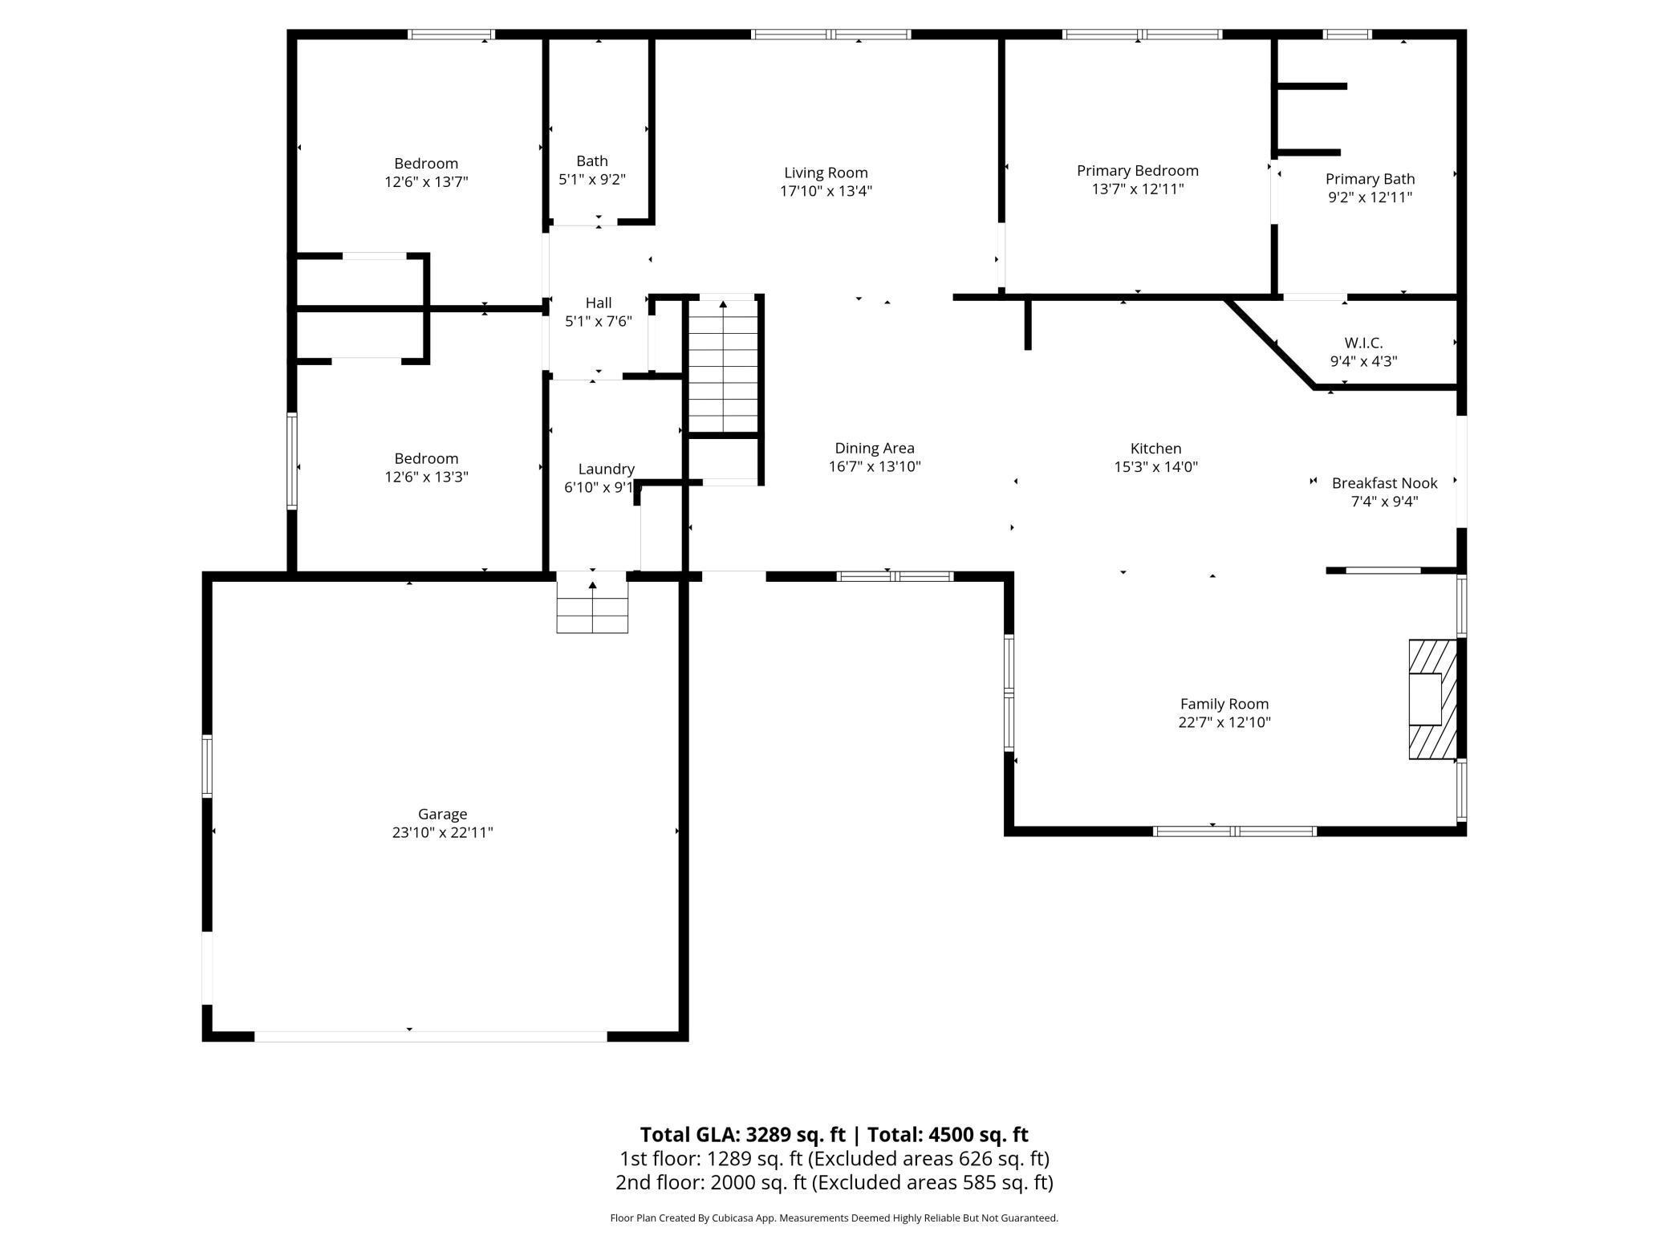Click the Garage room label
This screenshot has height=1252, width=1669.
(x=442, y=814)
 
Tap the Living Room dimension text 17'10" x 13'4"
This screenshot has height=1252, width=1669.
(x=826, y=191)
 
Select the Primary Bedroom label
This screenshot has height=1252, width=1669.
(x=1137, y=171)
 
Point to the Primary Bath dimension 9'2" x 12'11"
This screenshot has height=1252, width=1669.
(x=1370, y=197)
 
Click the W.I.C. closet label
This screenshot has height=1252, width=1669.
(x=1363, y=343)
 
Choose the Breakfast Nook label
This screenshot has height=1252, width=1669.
(x=1384, y=483)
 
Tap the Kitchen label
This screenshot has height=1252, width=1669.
(x=1155, y=449)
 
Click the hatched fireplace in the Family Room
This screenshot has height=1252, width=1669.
(x=1433, y=699)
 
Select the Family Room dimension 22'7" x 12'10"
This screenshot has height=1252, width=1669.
(x=1224, y=722)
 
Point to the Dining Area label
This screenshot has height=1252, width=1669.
(x=875, y=449)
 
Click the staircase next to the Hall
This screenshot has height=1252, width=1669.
(x=724, y=366)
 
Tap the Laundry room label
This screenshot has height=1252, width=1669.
(x=606, y=469)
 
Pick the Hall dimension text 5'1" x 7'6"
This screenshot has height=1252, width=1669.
(x=599, y=322)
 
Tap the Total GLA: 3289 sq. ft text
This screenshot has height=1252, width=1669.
(x=742, y=1135)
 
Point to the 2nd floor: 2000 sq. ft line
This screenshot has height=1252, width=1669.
(x=834, y=1182)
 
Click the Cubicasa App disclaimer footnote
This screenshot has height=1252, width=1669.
(x=834, y=1218)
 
